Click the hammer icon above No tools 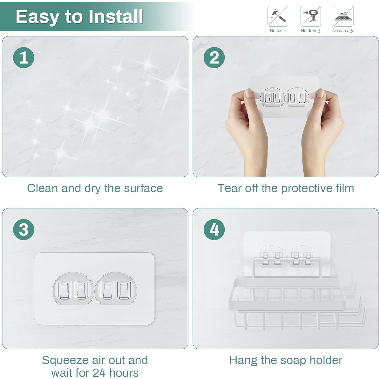coord(278,16)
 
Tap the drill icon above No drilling coord(310,16)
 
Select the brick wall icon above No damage coord(343,16)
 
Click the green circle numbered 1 coord(24,57)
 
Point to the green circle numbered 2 coord(214,57)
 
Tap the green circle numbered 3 coord(24,229)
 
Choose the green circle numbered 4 coord(214,229)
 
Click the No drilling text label coord(310,31)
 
